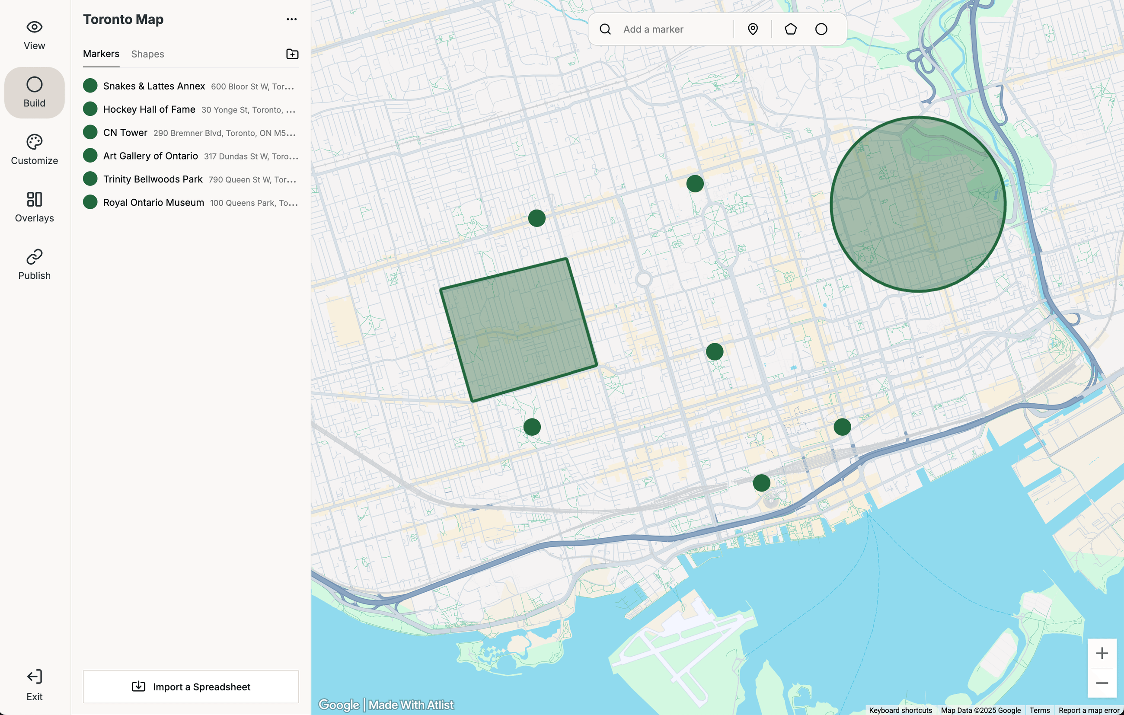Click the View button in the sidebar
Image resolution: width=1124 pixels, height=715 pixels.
tap(34, 35)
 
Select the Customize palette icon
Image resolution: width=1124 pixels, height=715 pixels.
tap(34, 142)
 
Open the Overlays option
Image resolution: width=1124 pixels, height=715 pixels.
tap(34, 207)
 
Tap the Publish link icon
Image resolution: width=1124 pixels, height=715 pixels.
tap(34, 257)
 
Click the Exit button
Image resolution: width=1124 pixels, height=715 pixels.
tap(34, 685)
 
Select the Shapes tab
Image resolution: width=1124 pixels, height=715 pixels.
tap(147, 54)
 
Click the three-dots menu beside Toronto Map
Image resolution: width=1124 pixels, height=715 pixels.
tap(291, 19)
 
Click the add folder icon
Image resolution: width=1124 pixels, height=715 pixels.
tap(292, 54)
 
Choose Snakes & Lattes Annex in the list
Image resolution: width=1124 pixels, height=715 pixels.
tap(153, 86)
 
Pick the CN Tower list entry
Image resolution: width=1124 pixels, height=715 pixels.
tap(125, 133)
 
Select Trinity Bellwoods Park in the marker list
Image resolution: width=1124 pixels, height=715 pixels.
tap(153, 179)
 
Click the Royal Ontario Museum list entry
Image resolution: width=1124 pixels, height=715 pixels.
tap(153, 203)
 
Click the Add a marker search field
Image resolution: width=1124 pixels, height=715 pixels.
tap(672, 29)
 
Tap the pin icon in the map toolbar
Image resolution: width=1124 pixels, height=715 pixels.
tap(753, 29)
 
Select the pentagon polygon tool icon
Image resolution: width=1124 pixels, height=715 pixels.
tap(790, 29)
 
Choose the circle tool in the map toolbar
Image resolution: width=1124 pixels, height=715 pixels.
tap(821, 29)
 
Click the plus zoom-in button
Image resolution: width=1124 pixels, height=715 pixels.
tap(1102, 653)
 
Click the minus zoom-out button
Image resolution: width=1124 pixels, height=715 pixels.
tap(1102, 683)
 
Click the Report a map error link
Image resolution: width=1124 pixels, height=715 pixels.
tap(1089, 710)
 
